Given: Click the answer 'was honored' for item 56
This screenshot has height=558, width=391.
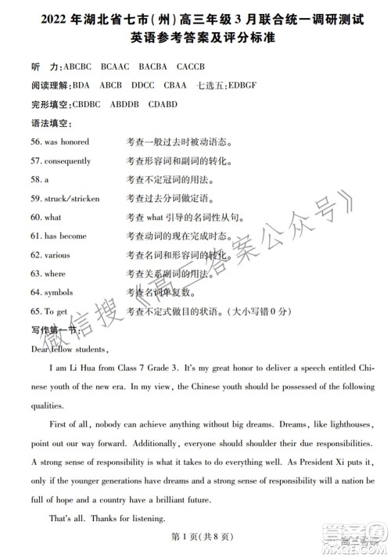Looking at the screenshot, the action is coord(71,142).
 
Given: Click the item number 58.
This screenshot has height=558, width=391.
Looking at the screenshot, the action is coord(36,179).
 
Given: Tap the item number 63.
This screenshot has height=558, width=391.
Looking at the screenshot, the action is coord(36,274).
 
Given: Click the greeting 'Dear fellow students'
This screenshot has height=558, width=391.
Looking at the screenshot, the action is coord(69,349).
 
